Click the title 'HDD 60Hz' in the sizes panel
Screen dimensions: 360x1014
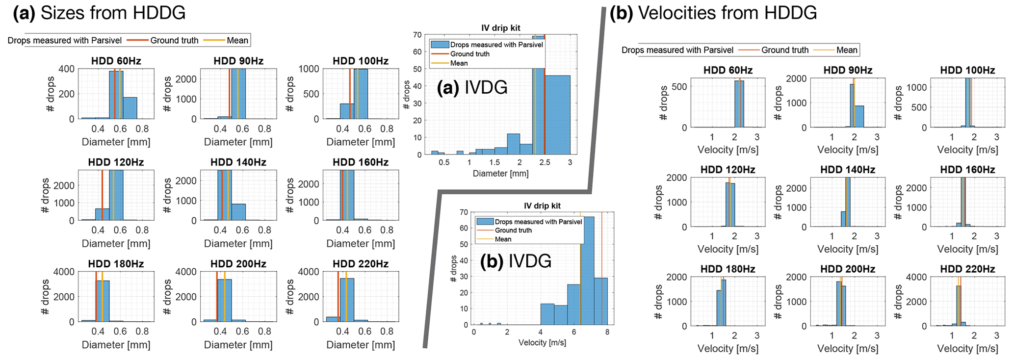point(116,61)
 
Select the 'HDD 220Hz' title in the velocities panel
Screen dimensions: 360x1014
point(967,269)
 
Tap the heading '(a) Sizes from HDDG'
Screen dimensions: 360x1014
point(100,13)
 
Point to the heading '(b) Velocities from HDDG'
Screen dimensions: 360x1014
point(713,13)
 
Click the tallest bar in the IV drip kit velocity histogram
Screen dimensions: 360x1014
point(587,270)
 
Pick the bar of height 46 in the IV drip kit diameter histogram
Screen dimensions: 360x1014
point(557,115)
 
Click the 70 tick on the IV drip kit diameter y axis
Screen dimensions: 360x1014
point(417,35)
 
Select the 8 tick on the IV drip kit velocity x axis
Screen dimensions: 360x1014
point(607,332)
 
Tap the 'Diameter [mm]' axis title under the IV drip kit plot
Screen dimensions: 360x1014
point(500,174)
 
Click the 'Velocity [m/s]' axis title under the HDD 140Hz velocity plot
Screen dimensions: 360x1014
point(848,249)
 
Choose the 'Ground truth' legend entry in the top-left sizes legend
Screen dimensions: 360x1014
point(174,41)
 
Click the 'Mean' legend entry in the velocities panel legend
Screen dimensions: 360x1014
point(847,50)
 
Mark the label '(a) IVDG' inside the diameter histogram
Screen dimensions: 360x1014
point(472,88)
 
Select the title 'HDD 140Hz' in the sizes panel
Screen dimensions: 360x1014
point(238,162)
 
